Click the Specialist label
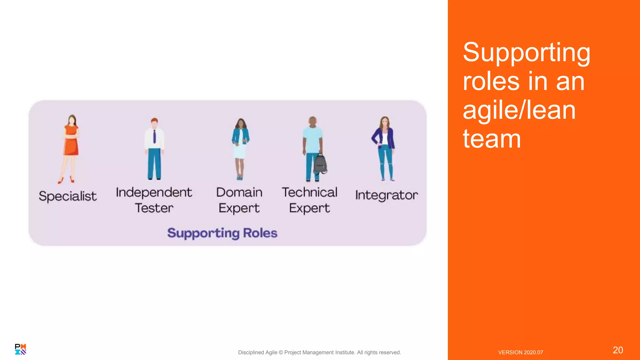tap(67, 196)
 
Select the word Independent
tap(154, 192)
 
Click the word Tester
tap(154, 208)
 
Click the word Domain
tap(239, 192)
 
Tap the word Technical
tap(309, 192)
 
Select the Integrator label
tap(386, 195)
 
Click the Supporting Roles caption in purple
tap(222, 233)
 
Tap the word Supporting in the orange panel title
tap(526, 52)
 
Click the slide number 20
tap(617, 350)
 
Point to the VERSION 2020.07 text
tap(520, 352)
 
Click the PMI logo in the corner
tap(20, 349)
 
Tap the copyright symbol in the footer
tap(281, 352)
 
